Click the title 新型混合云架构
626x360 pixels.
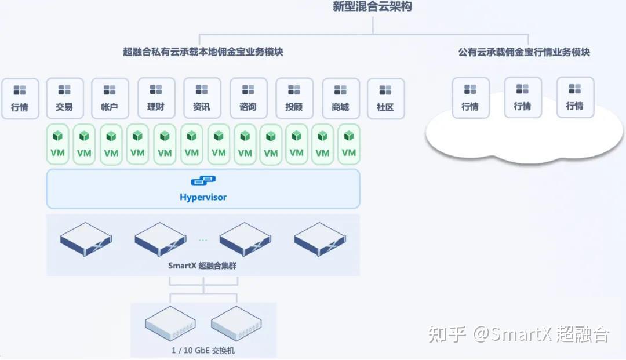point(372,6)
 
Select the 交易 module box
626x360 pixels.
point(65,98)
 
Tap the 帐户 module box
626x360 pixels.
point(110,98)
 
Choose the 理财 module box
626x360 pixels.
point(156,98)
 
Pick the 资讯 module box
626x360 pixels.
point(202,98)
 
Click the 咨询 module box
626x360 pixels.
point(248,98)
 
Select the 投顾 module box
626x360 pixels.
point(294,98)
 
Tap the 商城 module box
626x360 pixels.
point(341,98)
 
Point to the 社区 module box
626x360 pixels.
point(385,98)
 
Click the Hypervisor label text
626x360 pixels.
point(203,197)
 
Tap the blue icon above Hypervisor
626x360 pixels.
point(203,180)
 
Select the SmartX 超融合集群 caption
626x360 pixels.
point(202,266)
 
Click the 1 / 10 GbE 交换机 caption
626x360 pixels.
point(203,350)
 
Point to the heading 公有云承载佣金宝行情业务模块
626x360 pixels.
point(524,52)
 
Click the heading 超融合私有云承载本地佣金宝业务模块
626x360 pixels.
point(203,52)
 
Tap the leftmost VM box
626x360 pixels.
point(57,144)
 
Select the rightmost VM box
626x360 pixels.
point(349,144)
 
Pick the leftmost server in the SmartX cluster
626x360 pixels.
point(86,239)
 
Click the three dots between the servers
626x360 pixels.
point(203,240)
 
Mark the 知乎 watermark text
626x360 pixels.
point(447,334)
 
